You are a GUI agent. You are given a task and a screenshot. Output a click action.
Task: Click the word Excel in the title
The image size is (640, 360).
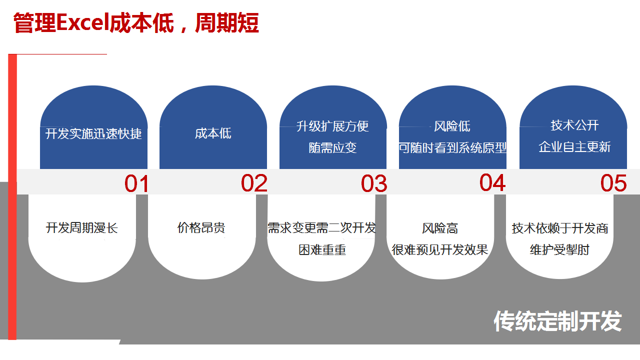[x=83, y=23]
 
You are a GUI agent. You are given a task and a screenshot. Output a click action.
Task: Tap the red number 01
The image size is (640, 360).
[x=136, y=183]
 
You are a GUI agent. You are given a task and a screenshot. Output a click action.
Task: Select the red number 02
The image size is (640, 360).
[x=254, y=183]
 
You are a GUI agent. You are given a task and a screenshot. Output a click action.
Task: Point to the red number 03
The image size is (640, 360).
[x=374, y=183]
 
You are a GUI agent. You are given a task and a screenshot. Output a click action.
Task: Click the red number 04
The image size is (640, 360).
[x=492, y=182]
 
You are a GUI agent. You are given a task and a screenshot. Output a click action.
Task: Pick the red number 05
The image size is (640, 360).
[x=613, y=183]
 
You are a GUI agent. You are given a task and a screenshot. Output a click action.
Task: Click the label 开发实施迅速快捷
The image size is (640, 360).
[x=93, y=133]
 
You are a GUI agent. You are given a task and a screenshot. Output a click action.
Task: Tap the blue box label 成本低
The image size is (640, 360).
[x=213, y=133]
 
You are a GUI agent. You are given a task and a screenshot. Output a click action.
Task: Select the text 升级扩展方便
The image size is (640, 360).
[x=332, y=126]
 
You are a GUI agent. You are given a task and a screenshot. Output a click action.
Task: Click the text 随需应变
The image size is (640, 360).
[x=332, y=148]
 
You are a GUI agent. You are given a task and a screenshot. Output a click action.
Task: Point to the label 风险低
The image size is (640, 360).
[x=452, y=126]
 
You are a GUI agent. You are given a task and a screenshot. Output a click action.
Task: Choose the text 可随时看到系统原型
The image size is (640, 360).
[x=452, y=148]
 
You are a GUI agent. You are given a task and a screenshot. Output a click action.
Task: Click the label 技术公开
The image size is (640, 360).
[x=574, y=125]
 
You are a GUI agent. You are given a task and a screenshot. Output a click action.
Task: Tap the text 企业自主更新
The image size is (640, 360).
[x=574, y=147]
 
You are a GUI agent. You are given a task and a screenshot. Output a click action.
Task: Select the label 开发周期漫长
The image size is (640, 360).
[x=81, y=228]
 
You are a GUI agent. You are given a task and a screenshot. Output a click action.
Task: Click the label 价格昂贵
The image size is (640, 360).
[x=201, y=227]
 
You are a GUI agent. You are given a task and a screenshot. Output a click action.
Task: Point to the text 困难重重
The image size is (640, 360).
[x=322, y=250]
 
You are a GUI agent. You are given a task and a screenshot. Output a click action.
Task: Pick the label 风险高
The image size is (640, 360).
[x=440, y=228]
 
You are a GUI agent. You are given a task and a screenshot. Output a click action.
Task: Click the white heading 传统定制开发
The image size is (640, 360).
[x=557, y=321]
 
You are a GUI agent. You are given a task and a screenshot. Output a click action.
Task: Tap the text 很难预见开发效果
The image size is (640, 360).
[x=439, y=249]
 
